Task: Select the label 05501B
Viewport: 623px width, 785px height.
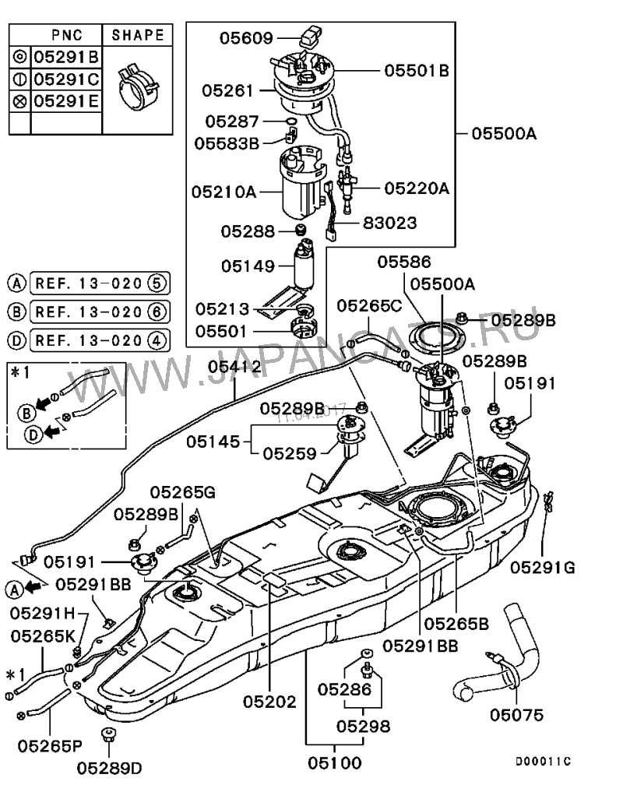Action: point(417,70)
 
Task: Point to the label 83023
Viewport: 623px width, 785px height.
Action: point(389,223)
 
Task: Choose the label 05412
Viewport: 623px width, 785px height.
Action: point(234,367)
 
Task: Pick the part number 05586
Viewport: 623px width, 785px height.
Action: point(404,262)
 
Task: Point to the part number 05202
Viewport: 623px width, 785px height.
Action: point(269,702)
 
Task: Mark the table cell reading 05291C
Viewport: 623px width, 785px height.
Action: point(67,79)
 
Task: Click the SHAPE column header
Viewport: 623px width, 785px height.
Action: point(138,35)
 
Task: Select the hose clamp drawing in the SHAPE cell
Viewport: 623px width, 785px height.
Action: point(136,86)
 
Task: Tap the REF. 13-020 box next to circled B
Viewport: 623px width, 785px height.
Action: point(99,312)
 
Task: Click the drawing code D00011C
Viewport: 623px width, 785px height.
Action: point(543,761)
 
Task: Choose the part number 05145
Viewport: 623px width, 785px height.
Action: point(213,441)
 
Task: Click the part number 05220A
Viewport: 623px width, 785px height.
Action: point(416,188)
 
